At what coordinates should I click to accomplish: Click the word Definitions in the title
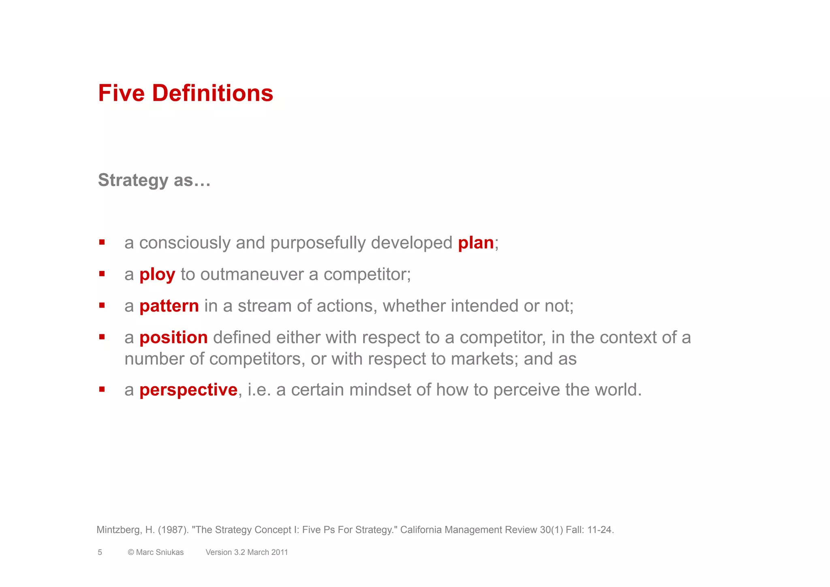pos(212,93)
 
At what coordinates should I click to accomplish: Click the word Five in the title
pos(121,93)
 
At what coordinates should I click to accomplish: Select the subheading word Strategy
pos(133,180)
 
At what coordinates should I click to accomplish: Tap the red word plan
pos(476,243)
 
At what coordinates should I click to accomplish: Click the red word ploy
pos(157,275)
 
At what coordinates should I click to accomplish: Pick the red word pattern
pos(169,306)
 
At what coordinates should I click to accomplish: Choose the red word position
pos(173,338)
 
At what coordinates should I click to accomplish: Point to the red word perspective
pos(188,390)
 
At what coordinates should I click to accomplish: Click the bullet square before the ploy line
pos(102,274)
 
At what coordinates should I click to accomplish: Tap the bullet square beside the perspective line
pos(102,389)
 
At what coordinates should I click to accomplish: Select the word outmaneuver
pos(252,275)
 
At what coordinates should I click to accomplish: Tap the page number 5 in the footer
pos(100,552)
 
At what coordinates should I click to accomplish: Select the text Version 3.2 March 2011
pos(246,552)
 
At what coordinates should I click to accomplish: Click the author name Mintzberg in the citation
pos(119,530)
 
